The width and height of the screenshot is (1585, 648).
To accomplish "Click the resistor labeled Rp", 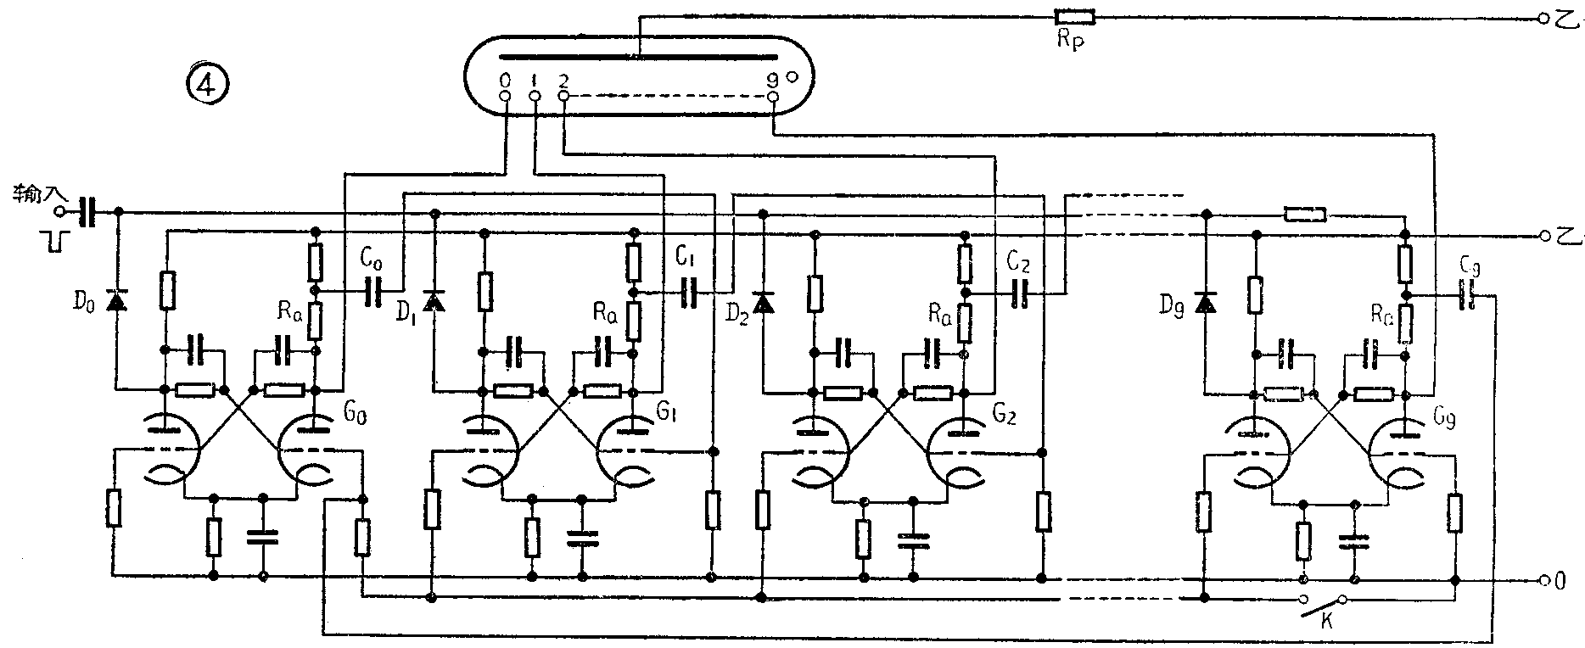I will [x=1073, y=17].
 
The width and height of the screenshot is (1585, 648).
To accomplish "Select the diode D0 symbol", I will [x=116, y=299].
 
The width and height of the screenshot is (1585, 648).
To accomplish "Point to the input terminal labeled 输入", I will [x=59, y=210].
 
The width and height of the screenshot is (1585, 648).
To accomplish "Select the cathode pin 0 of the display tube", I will [x=506, y=97].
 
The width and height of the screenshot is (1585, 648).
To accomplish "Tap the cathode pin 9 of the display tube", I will [x=772, y=98].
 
